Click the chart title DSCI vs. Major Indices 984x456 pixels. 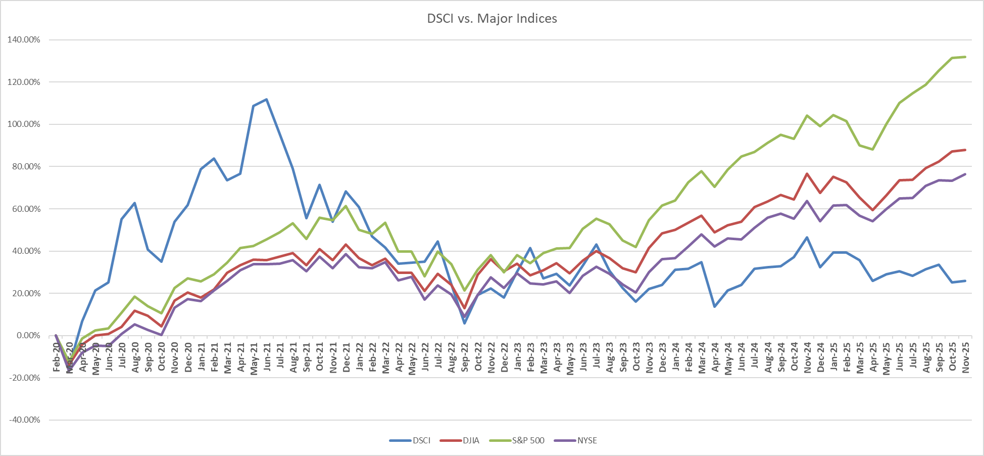492,19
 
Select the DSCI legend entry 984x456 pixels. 421,440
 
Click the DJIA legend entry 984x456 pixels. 471,440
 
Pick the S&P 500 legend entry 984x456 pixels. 528,440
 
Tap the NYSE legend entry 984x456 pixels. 587,440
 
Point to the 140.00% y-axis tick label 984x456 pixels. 24,40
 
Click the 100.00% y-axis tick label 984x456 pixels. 24,124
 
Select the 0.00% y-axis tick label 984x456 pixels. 26,336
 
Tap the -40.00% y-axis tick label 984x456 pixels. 24,420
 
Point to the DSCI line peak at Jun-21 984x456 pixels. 267,99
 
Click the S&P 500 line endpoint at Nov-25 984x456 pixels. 965,57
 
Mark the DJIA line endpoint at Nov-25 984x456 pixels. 965,150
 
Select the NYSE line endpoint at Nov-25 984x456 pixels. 965,174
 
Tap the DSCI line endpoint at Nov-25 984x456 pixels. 965,281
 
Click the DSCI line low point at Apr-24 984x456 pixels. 715,306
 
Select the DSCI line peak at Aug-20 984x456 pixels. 135,203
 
